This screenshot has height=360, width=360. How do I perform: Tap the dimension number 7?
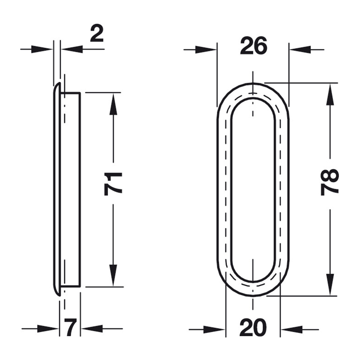[x=70, y=328]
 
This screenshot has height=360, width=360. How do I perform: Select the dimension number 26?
[x=253, y=46]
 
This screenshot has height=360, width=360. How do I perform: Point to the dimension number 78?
[x=329, y=182]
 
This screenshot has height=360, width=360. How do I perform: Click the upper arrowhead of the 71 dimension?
[x=113, y=104]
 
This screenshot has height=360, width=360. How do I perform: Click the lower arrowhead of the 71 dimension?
[x=113, y=275]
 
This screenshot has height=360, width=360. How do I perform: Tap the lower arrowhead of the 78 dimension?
[x=330, y=284]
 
